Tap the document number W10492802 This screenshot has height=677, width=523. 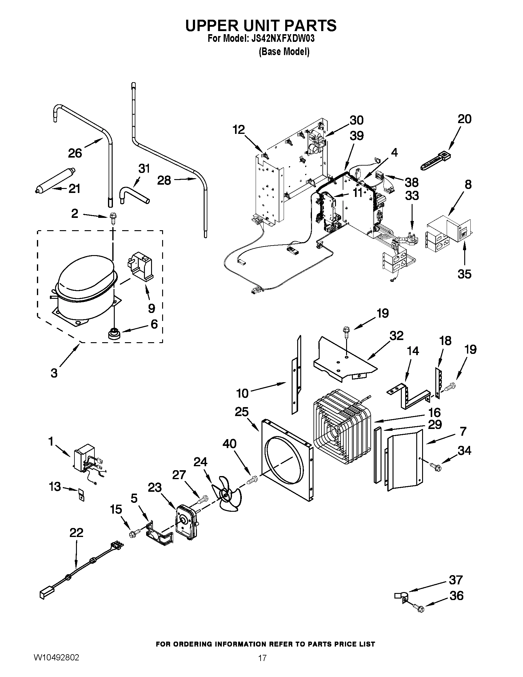coord(56,665)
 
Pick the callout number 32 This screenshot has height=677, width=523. coord(397,335)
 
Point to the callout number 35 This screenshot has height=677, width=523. coord(464,274)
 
